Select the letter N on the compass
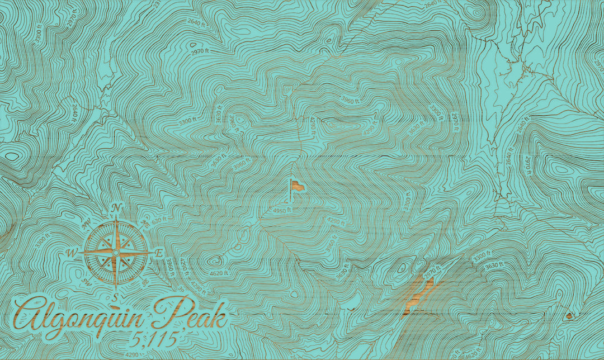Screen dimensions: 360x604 tap(116, 209)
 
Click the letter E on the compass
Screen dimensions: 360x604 tap(159, 254)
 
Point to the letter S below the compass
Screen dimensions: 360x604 tap(115, 296)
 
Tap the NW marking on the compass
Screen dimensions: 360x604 tap(86, 225)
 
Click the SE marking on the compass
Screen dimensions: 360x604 tap(145, 281)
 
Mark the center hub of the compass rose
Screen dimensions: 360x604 tap(115, 253)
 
